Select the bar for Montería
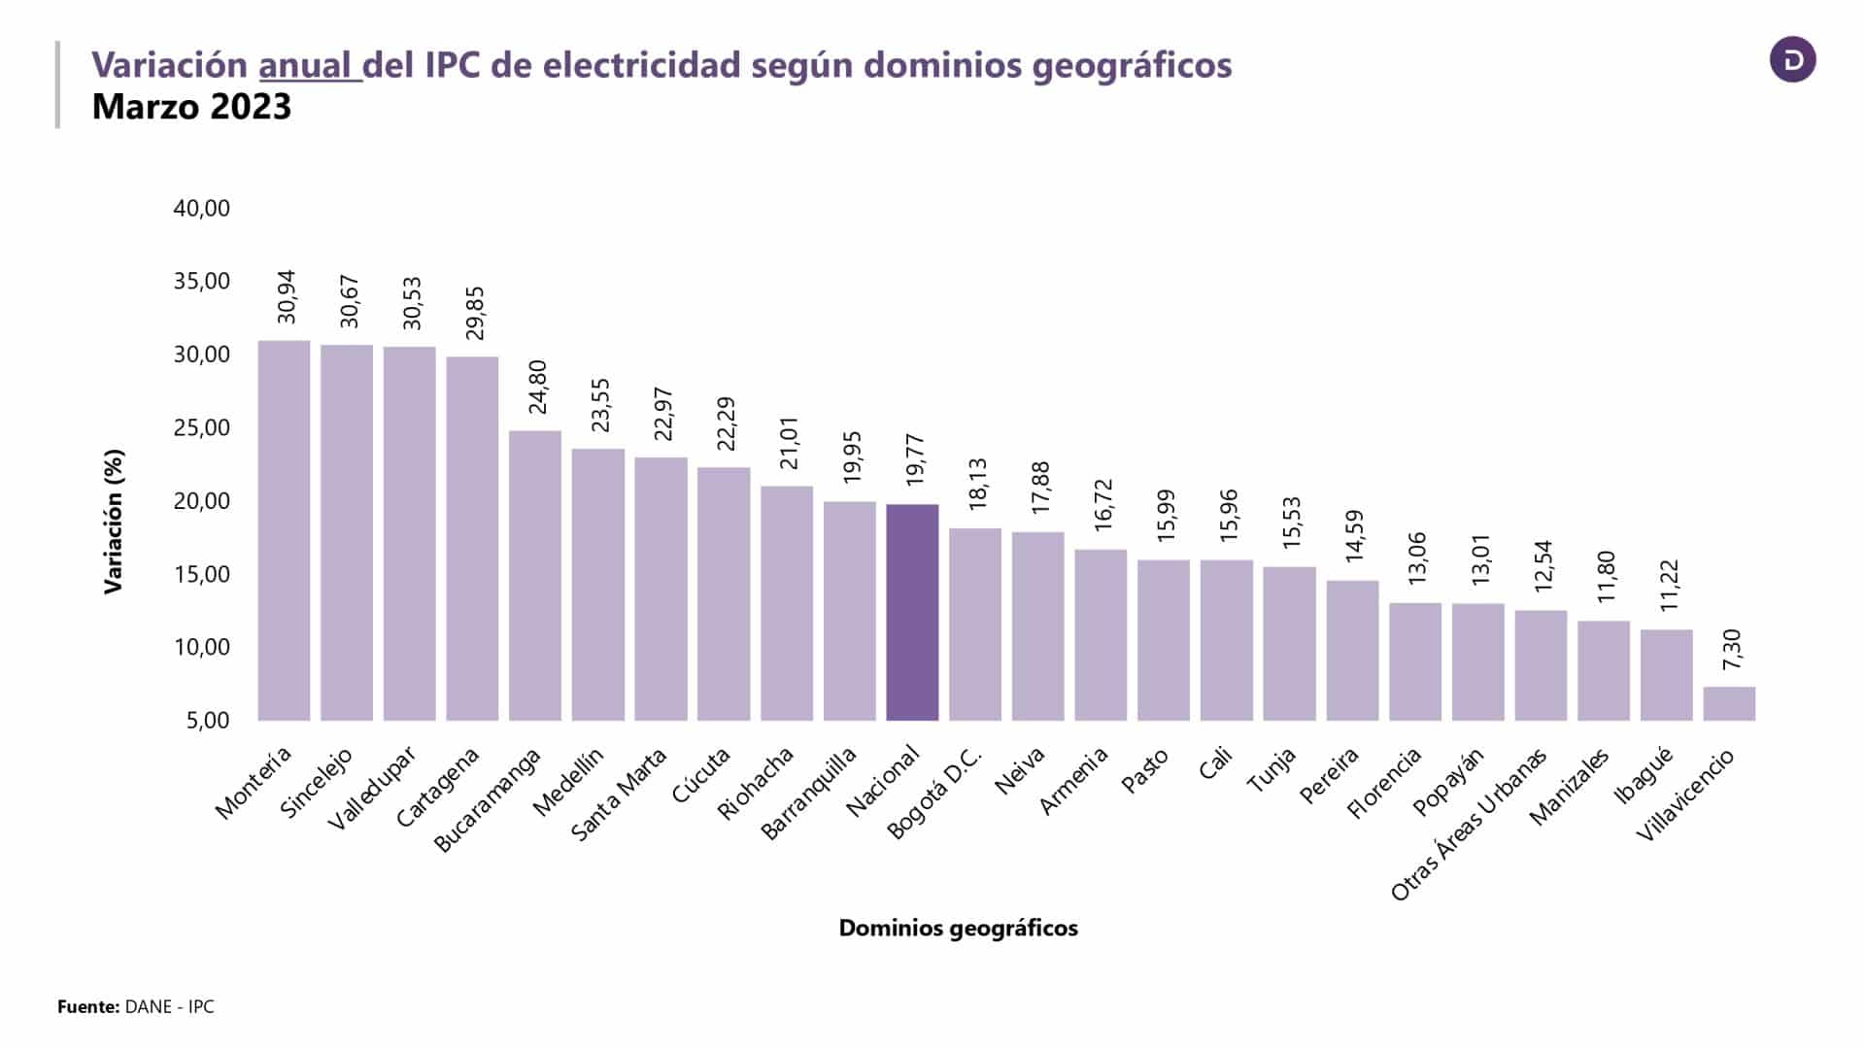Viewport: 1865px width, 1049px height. coord(284,530)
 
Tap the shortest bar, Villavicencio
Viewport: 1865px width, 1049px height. coord(1729,703)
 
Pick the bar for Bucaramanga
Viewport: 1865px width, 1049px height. coord(535,575)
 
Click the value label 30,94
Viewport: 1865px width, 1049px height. coord(286,296)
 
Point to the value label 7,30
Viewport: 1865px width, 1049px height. coord(1732,649)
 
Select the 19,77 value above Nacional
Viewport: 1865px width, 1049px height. coord(915,459)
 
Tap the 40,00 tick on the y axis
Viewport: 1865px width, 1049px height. coord(202,208)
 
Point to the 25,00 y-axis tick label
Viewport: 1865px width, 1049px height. coord(202,427)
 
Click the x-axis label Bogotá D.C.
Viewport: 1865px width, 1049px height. coord(936,794)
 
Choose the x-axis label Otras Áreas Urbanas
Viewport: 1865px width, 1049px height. coord(1469,826)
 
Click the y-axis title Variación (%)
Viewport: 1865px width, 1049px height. coord(115,521)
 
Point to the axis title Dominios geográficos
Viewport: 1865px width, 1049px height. coord(958,929)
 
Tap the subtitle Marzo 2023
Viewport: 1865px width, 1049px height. coord(191,107)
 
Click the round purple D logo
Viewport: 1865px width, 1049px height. coord(1792,60)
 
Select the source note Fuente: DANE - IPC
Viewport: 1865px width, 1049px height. coord(136,1007)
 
